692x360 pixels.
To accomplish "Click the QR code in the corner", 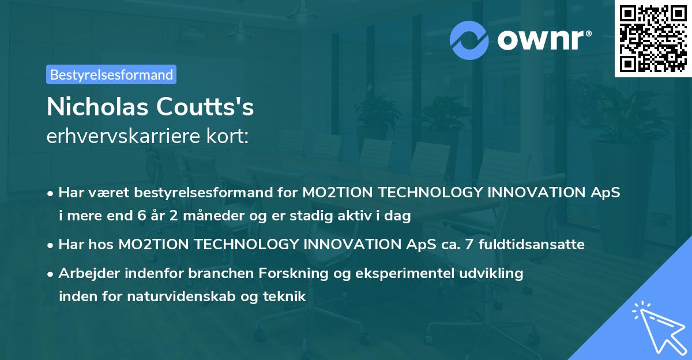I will point(653,39).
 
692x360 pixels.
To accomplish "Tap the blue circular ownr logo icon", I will point(469,40).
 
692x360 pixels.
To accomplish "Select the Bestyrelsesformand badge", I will point(111,74).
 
